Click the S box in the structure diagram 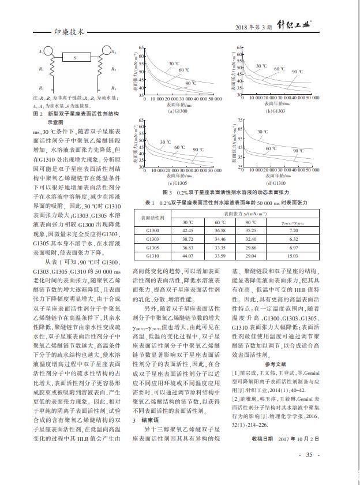(x=76, y=57)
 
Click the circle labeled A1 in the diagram (x=44, y=53)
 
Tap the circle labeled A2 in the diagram (x=107, y=53)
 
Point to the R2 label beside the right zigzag (x=114, y=69)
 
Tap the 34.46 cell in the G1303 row (x=220, y=238)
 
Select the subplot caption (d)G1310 (x=277, y=183)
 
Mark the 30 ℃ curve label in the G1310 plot (x=262, y=132)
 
